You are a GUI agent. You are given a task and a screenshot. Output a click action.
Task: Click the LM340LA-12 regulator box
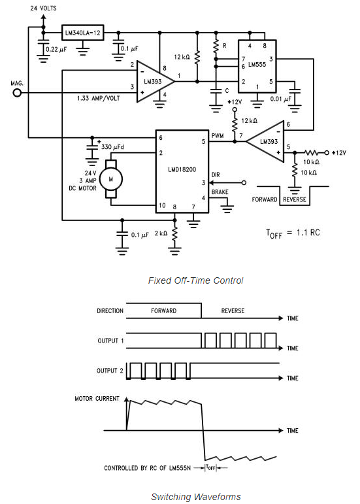pyautogui.click(x=83, y=33)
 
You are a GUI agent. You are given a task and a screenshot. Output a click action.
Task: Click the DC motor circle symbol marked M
pyautogui.click(x=110, y=178)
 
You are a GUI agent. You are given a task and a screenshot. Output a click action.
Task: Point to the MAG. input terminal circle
pyautogui.click(x=16, y=93)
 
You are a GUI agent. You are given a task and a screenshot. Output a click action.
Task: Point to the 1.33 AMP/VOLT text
pyautogui.click(x=98, y=98)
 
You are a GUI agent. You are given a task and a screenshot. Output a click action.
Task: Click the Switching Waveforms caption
pyautogui.click(x=186, y=496)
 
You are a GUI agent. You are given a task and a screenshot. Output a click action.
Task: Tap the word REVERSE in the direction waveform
pyautogui.click(x=233, y=311)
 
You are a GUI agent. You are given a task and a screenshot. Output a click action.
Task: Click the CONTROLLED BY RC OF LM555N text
pyautogui.click(x=146, y=468)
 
